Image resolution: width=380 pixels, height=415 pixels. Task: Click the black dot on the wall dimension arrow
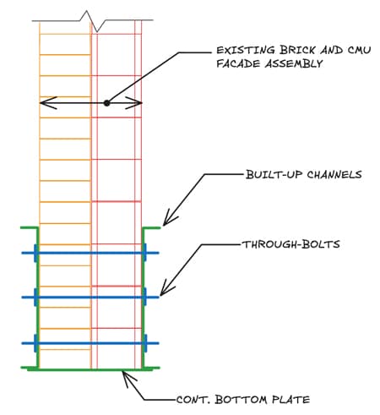point(106,103)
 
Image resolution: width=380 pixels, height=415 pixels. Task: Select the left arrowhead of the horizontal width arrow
point(45,103)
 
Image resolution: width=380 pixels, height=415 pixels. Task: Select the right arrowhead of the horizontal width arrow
point(138,103)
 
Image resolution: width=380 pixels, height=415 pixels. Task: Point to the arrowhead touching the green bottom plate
point(127,374)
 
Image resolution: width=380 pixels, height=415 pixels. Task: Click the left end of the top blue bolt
point(35,252)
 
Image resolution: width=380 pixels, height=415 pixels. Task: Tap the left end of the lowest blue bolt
point(35,342)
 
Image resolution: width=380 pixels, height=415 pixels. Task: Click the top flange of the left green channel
point(27,227)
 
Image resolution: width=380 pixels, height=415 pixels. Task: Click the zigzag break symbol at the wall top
point(89,16)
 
